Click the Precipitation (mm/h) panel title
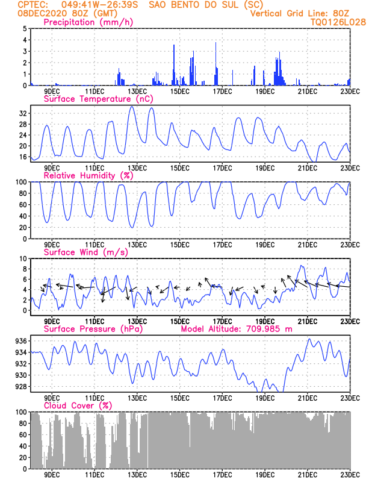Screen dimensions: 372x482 click(x=88, y=22)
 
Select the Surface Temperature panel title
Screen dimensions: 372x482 click(x=98, y=99)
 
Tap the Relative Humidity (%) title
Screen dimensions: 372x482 click(x=88, y=175)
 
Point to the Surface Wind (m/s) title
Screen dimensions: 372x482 click(x=85, y=252)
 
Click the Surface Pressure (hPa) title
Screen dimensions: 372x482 click(x=93, y=329)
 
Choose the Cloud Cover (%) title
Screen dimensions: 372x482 click(x=78, y=405)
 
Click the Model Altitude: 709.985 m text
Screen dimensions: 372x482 click(x=237, y=329)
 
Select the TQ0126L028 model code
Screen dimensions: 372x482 click(x=338, y=22)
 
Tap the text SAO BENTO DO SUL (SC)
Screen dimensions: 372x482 click(x=206, y=5)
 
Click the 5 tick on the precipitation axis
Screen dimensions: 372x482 click(x=25, y=28)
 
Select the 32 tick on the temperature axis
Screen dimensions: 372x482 click(x=23, y=113)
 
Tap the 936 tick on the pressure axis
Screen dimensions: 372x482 click(x=21, y=341)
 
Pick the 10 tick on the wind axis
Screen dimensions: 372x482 click(x=23, y=258)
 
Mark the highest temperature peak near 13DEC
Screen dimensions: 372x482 click(x=132, y=107)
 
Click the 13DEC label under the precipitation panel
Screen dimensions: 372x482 click(x=137, y=92)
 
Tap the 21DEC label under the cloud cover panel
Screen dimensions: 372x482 click(x=308, y=475)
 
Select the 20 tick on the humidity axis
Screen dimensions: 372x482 click(x=23, y=228)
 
